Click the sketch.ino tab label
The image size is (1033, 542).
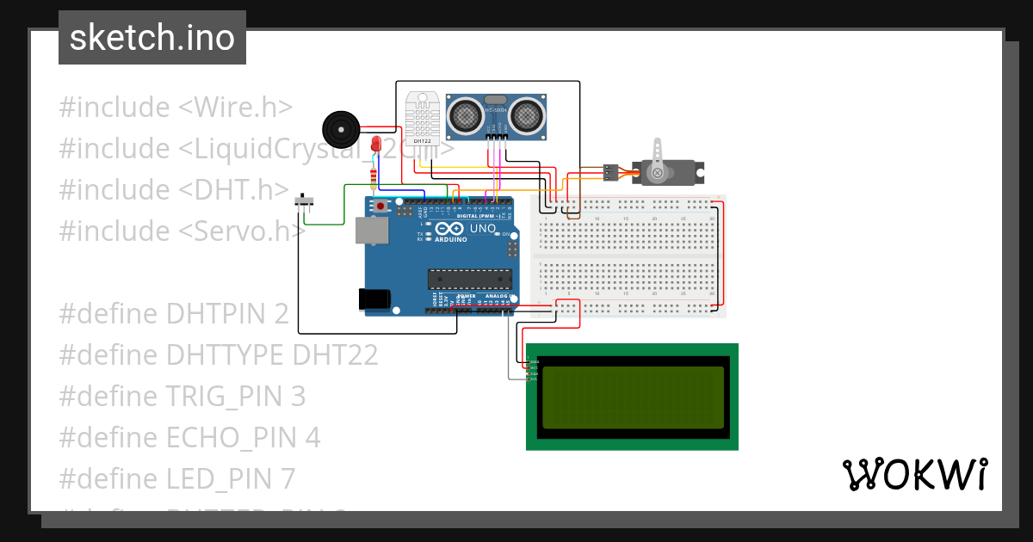click(x=152, y=38)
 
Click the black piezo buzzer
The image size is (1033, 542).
click(x=339, y=130)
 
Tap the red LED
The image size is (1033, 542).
click(x=376, y=145)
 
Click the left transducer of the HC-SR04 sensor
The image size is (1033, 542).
click(x=467, y=114)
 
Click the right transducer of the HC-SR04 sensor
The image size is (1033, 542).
click(x=527, y=114)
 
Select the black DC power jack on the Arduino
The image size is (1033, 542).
click(x=374, y=298)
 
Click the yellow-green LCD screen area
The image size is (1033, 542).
click(x=633, y=397)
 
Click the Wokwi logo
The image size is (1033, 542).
click(x=914, y=474)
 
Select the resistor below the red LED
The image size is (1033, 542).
click(x=372, y=177)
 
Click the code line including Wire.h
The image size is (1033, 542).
click(x=176, y=108)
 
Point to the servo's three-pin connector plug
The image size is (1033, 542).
click(x=612, y=172)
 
